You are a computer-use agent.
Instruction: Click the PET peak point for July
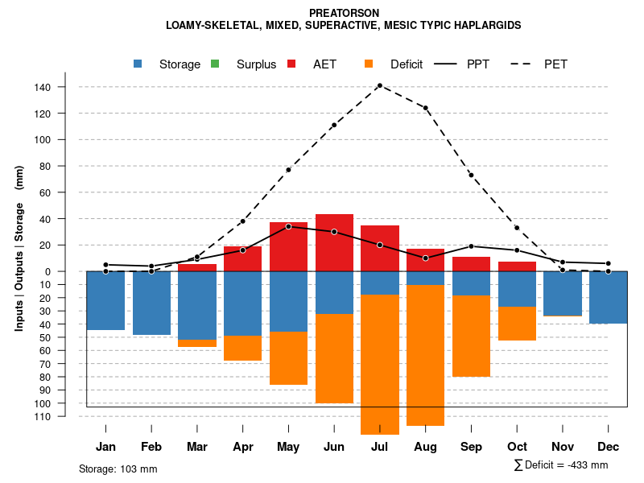[x=379, y=85]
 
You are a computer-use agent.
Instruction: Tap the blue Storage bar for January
[x=105, y=300]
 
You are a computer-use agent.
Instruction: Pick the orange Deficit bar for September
[x=472, y=336]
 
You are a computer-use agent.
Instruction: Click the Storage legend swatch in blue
[x=139, y=64]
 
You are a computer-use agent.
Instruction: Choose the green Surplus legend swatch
[x=214, y=64]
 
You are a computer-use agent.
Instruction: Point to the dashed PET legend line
[x=525, y=64]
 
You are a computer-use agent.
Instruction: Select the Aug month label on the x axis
[x=425, y=447]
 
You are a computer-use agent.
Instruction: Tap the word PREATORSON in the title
[x=344, y=14]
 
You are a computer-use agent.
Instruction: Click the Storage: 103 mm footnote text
[x=118, y=469]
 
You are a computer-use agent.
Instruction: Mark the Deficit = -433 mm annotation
[x=561, y=465]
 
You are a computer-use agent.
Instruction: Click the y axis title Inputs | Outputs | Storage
[x=19, y=248]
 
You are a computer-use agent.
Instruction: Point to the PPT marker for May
[x=288, y=226]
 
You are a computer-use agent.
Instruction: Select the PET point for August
[x=425, y=108]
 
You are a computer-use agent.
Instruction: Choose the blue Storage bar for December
[x=609, y=297]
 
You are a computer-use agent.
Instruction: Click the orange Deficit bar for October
[x=517, y=323]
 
